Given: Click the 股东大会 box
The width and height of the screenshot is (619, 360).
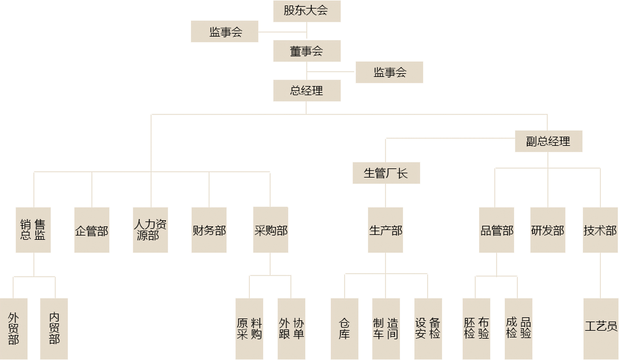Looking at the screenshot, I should [x=306, y=11].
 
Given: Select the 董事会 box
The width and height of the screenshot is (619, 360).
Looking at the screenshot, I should [x=306, y=51].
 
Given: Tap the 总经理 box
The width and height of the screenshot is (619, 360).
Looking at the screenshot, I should [x=306, y=91].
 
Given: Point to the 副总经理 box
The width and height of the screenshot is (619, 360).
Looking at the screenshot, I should [x=548, y=141].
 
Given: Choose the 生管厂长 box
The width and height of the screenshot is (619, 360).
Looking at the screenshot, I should [x=386, y=173].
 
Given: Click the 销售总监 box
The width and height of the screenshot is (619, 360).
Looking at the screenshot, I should [x=33, y=230].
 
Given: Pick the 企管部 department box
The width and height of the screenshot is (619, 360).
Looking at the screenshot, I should [x=92, y=230].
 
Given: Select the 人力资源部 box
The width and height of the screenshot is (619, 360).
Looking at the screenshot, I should [x=150, y=230].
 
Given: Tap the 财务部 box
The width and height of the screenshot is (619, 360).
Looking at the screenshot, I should [x=209, y=230].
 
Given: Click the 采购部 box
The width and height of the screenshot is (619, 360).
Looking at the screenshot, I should [x=270, y=230].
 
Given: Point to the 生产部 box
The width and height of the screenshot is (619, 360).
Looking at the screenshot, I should [x=385, y=230].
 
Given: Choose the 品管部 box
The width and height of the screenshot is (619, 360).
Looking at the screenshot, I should [x=496, y=230].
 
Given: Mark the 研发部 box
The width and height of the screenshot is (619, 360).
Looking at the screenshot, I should [x=548, y=230].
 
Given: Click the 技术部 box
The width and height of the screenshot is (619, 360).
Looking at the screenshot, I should [x=600, y=230].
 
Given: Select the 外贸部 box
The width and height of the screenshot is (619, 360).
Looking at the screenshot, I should [x=13, y=328].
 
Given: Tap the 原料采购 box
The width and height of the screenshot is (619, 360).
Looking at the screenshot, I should [x=249, y=328].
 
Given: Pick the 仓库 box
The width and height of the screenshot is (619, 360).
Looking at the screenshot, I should [x=344, y=328].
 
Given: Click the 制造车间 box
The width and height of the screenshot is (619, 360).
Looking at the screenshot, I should [x=386, y=328].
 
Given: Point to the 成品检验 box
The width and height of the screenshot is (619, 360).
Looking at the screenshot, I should [x=518, y=328].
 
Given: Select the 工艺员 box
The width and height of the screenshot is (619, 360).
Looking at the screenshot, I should [x=601, y=328].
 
